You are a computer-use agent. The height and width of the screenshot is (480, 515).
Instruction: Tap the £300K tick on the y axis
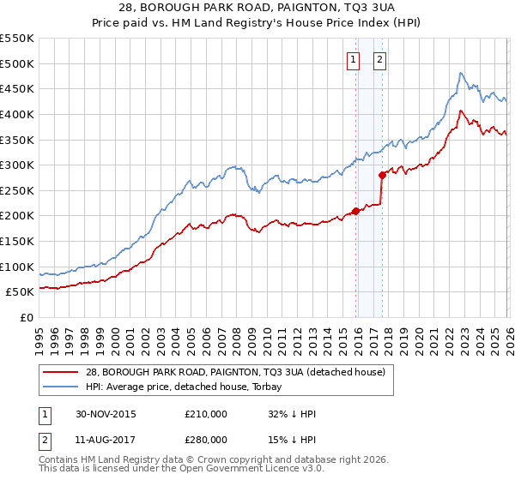[17, 165]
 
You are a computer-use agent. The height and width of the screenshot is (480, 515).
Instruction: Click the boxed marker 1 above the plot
[353, 59]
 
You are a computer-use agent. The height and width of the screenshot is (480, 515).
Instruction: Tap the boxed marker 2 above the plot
[379, 59]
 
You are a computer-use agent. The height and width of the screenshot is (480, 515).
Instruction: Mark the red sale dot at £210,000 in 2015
[355, 211]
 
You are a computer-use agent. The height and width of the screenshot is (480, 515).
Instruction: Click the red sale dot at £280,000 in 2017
[381, 175]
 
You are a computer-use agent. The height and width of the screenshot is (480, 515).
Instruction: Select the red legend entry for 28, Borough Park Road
[239, 372]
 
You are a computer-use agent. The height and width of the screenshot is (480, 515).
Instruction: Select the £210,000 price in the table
[206, 414]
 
